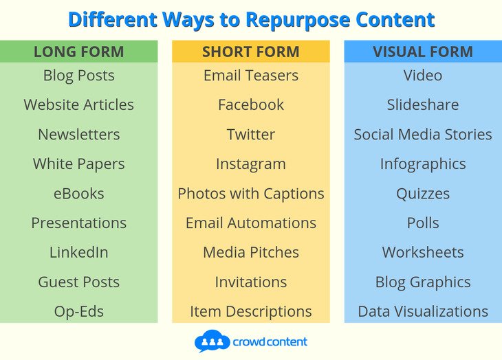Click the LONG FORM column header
[78, 52]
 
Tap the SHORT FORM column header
[250, 52]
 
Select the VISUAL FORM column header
[422, 52]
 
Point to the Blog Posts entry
[78, 76]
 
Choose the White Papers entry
[78, 164]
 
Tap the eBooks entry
[78, 194]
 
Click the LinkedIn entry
[78, 252]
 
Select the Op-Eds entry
[78, 311]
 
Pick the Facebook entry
[250, 105]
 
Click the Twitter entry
[250, 135]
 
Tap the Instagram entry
[250, 164]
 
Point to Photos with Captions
[250, 194]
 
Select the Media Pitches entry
[250, 252]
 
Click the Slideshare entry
[422, 105]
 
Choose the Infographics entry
[422, 164]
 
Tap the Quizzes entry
[422, 194]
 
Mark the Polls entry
[422, 223]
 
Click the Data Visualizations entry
[422, 311]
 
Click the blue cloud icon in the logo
[211, 341]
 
